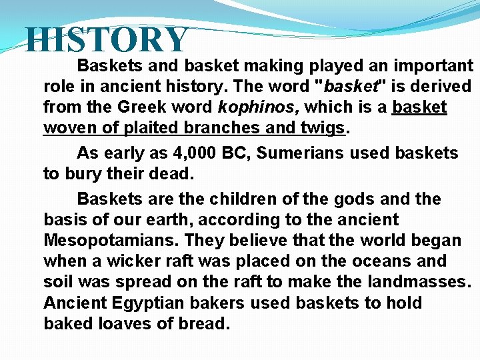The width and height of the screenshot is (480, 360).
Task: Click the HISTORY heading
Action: coord(107,40)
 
